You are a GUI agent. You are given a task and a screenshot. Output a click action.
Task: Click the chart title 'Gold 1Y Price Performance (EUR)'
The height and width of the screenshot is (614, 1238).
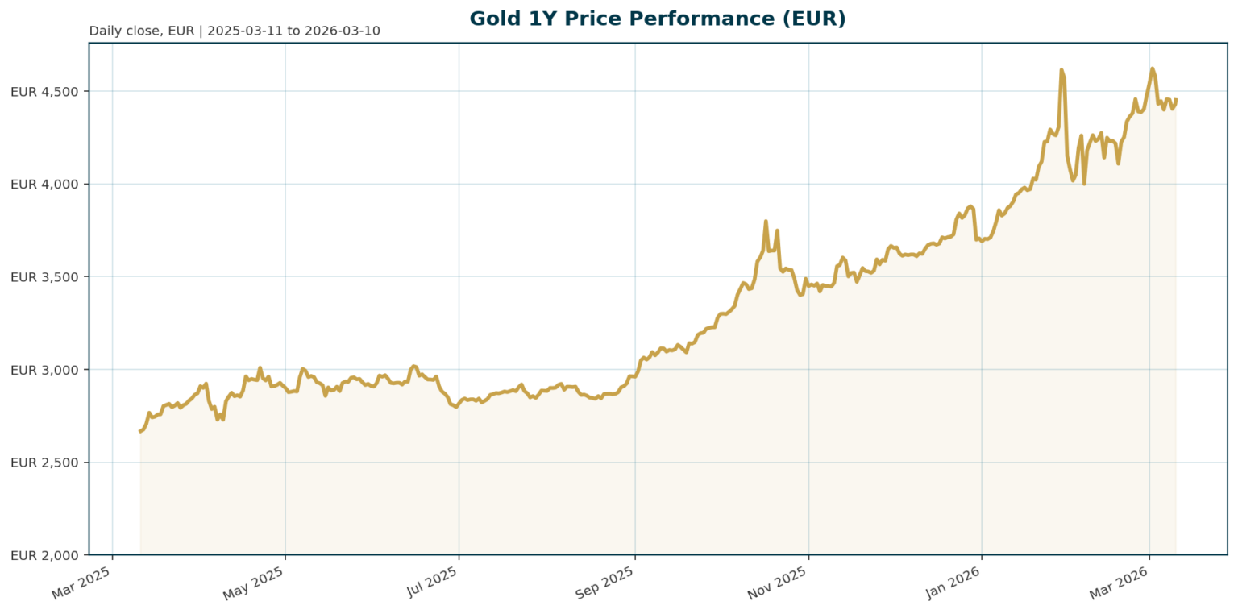(x=658, y=18)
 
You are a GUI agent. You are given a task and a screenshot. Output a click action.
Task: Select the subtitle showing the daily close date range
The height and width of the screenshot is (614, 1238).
(x=235, y=31)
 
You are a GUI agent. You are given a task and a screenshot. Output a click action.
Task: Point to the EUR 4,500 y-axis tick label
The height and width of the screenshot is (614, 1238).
(x=44, y=91)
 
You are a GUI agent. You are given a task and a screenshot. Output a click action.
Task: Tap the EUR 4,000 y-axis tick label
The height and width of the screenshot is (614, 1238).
(x=44, y=184)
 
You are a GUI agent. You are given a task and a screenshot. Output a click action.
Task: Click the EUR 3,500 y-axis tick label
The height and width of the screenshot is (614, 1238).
(x=44, y=276)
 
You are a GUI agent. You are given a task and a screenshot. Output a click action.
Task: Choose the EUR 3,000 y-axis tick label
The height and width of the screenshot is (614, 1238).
(x=44, y=369)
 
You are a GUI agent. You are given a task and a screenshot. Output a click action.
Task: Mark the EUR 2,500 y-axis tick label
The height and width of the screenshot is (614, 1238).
(x=44, y=462)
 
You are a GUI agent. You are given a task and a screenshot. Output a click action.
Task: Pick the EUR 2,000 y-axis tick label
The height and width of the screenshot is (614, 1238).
(x=44, y=554)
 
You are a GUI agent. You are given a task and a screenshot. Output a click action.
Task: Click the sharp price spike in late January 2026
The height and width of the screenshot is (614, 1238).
(x=1061, y=70)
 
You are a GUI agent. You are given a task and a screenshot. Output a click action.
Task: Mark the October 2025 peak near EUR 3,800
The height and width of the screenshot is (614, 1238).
(x=766, y=221)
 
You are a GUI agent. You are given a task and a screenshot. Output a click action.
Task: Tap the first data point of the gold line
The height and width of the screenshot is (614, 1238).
(x=140, y=432)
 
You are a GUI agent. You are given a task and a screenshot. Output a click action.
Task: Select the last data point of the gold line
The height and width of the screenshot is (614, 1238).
(x=1176, y=100)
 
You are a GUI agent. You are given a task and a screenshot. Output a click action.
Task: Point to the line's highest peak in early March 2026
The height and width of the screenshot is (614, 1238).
(x=1152, y=68)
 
